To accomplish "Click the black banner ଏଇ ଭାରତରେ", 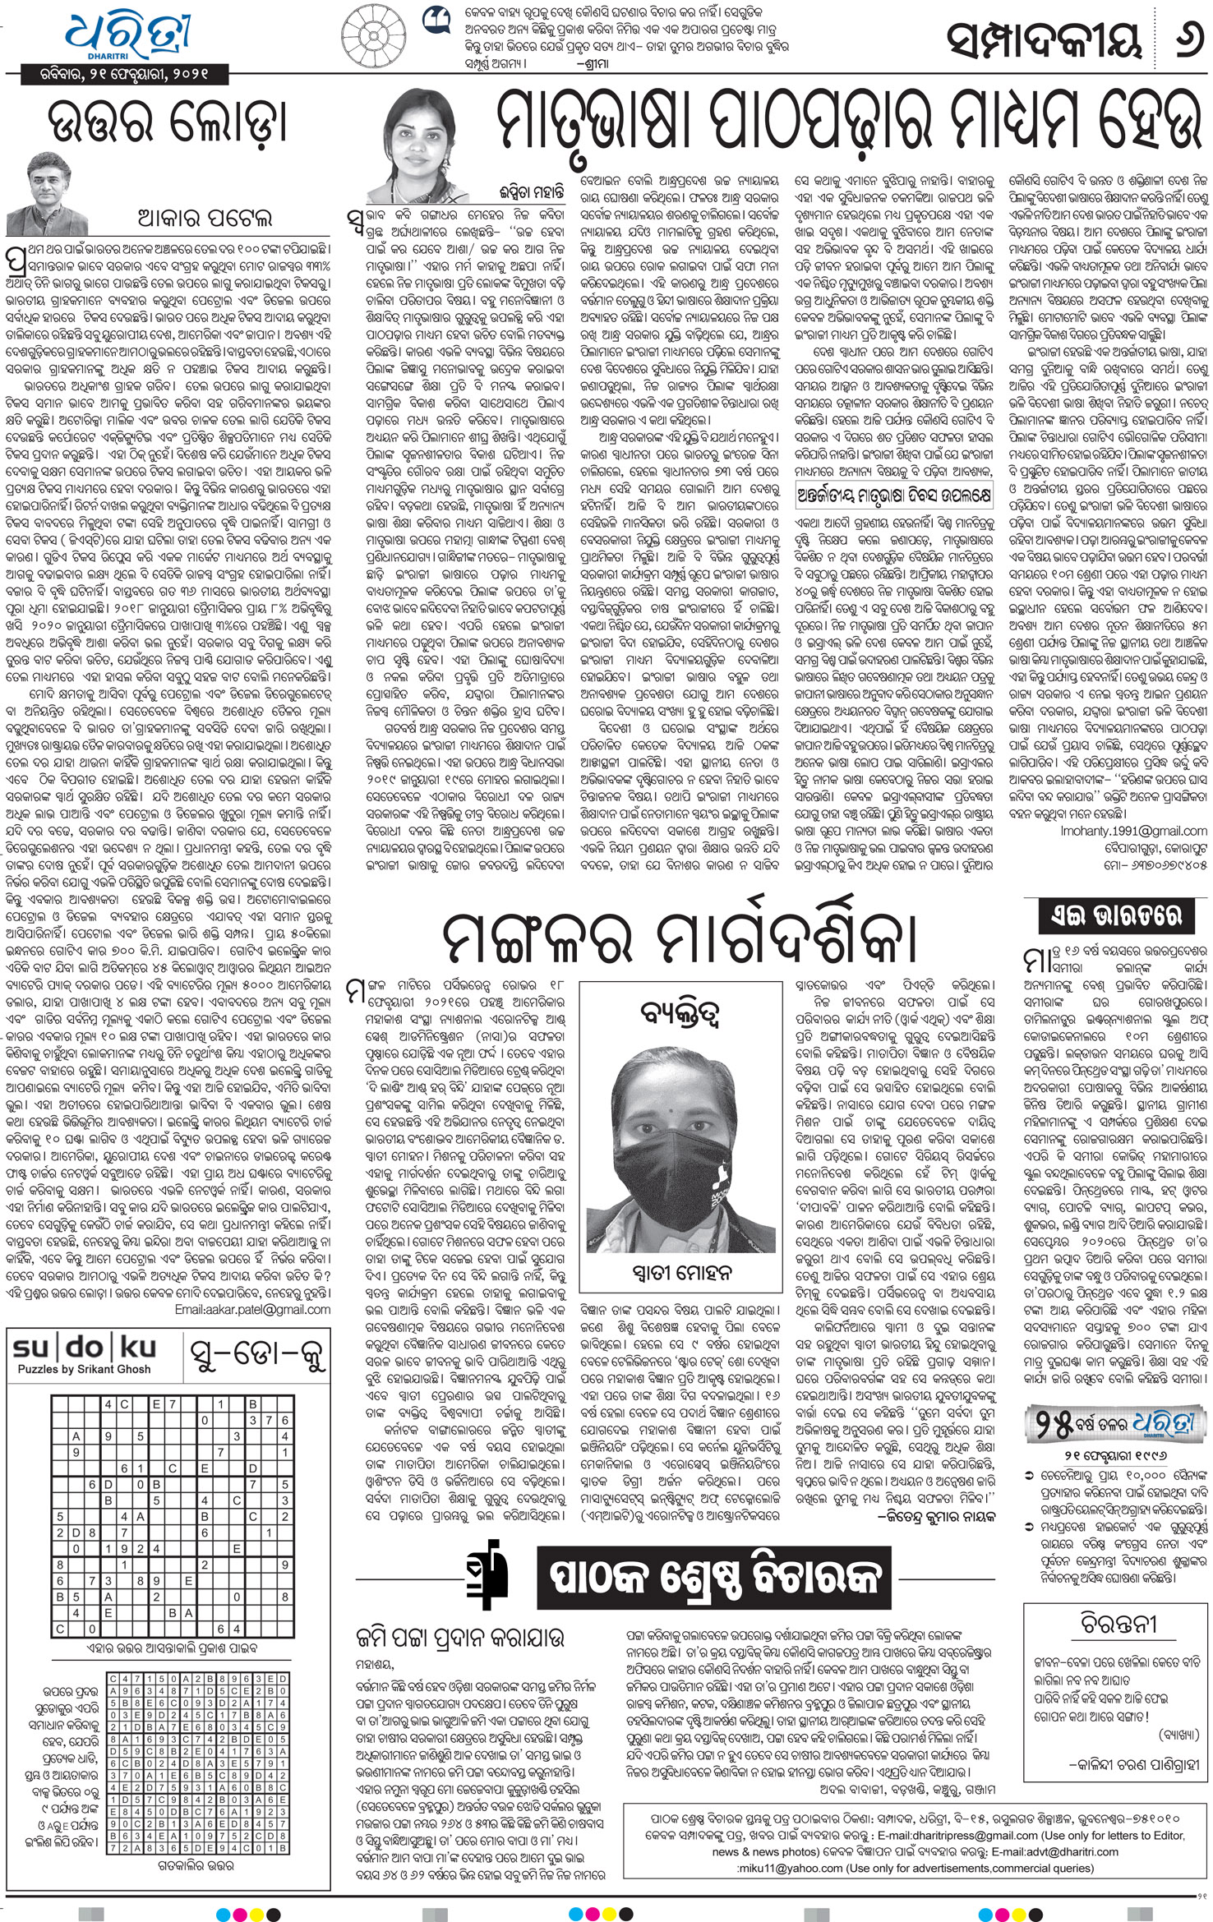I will (x=1116, y=915).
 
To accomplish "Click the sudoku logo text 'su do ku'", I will (x=85, y=1349).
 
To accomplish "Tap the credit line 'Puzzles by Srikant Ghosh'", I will (x=85, y=1369).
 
